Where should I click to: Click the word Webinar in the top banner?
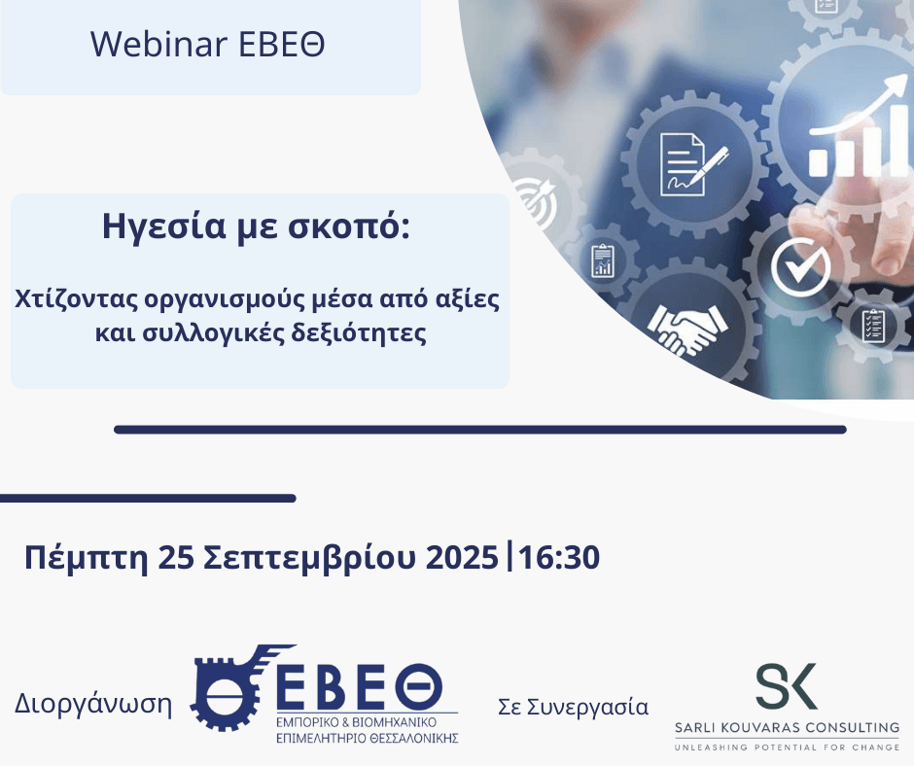[x=143, y=44]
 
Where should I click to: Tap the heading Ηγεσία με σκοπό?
[x=257, y=228]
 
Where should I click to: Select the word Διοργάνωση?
[x=93, y=705]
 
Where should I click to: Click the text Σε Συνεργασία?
[x=573, y=707]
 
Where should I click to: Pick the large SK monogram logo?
[x=787, y=686]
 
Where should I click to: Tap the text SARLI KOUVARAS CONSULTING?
[x=788, y=727]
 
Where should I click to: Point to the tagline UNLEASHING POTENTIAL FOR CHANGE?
[x=788, y=747]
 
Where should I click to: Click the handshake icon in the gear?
[x=689, y=328]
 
